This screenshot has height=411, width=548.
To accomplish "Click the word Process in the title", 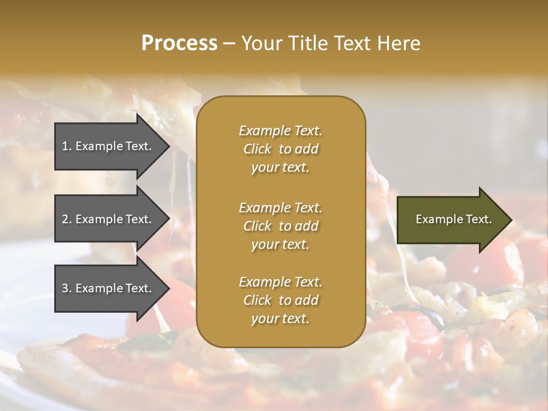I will (179, 43).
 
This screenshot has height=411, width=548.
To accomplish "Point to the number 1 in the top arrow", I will (65, 146).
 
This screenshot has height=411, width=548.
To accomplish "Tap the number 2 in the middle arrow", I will (65, 219).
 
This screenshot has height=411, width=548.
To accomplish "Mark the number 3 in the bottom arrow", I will (65, 288).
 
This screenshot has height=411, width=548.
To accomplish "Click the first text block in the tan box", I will (280, 149).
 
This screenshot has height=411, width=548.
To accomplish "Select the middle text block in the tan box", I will (280, 226).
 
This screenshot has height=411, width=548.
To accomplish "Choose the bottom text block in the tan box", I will (280, 300).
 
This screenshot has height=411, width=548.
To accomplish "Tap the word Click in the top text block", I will (257, 149).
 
